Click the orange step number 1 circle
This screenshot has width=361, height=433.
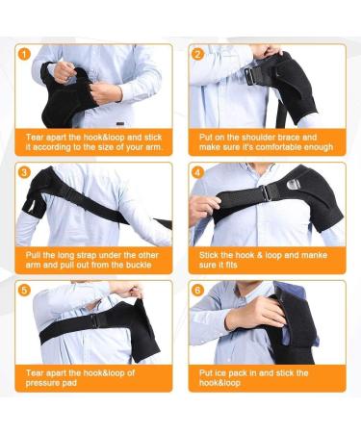click(x=25, y=54)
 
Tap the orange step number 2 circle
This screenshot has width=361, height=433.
click(x=197, y=54)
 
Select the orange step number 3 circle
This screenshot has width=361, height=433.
click(x=25, y=172)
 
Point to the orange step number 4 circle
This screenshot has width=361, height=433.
click(x=197, y=172)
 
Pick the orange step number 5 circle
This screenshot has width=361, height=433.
click(x=25, y=290)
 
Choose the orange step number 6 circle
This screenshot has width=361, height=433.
click(x=197, y=290)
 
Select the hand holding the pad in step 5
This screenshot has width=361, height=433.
click(x=126, y=290)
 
